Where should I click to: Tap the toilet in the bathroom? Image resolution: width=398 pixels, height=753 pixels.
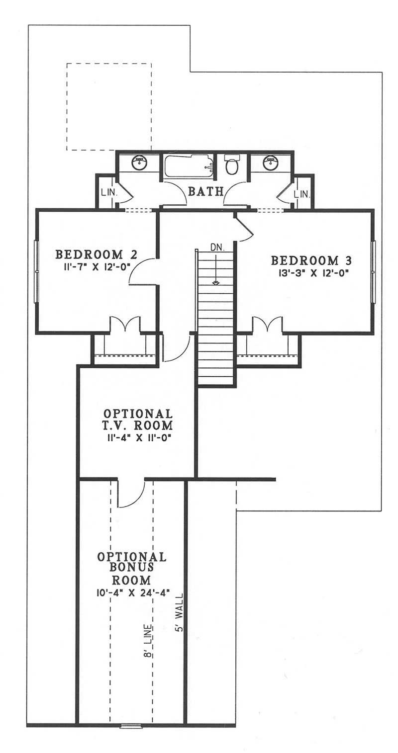(x=231, y=166)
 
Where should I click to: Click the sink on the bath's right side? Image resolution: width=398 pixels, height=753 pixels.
(x=270, y=163)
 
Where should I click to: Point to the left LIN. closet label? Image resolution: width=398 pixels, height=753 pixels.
(x=108, y=193)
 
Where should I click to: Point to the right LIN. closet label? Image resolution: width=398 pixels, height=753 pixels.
(x=301, y=193)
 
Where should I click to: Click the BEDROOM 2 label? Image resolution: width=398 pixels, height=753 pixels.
(x=89, y=254)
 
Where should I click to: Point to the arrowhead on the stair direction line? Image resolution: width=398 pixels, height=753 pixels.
(x=216, y=283)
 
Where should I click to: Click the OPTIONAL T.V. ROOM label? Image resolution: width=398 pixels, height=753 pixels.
(x=138, y=419)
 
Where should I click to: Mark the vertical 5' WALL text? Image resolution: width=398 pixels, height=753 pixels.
(x=179, y=612)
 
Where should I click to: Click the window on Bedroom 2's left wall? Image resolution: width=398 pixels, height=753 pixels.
(x=35, y=271)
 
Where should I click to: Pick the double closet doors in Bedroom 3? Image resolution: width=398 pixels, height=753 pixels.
(x=268, y=325)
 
